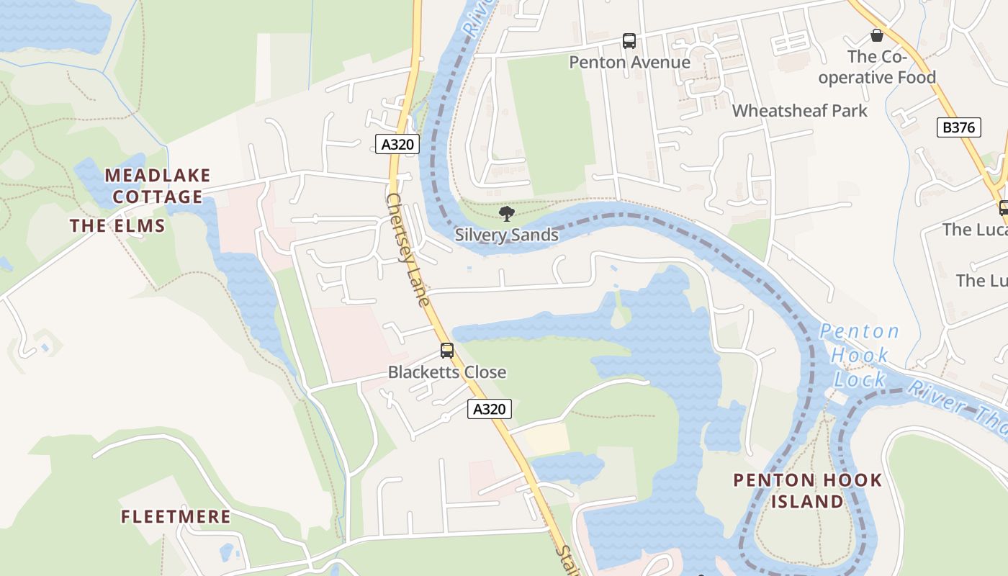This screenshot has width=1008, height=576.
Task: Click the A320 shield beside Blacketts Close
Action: [x=490, y=409]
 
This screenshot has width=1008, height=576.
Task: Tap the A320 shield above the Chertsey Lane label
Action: [x=397, y=144]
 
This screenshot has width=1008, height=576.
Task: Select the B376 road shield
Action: [x=959, y=128]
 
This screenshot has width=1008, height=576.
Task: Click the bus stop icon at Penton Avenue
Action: [x=629, y=41]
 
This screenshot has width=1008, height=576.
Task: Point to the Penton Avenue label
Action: [x=630, y=63]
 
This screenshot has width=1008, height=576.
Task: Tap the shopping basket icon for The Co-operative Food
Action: [x=877, y=35]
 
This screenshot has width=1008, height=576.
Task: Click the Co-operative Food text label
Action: [x=876, y=67]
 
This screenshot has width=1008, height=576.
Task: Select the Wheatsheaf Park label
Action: [x=800, y=111]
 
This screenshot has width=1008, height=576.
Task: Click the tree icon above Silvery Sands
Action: [x=507, y=213]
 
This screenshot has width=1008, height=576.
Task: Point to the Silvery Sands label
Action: [x=507, y=235]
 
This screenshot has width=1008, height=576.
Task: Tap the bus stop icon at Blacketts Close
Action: [x=447, y=351]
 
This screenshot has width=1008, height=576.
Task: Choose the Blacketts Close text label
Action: [x=447, y=372]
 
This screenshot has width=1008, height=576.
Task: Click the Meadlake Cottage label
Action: [x=158, y=186]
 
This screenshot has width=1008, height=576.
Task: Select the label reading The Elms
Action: [x=117, y=226]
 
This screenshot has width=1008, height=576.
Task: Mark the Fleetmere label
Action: [x=176, y=517]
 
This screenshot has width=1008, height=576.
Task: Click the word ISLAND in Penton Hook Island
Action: [x=808, y=502]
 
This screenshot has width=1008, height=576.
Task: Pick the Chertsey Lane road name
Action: [x=408, y=248]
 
